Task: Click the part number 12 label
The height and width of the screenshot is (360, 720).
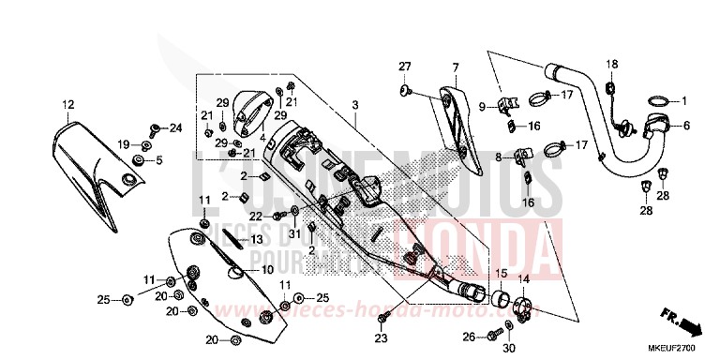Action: pos(67,103)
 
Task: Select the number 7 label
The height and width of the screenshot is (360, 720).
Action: pos(455,67)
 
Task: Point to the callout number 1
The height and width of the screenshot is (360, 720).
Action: pos(683,100)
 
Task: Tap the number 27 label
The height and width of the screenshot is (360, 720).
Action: pos(403,65)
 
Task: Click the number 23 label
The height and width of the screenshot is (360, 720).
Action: pos(381,337)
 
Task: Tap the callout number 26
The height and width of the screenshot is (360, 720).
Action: pos(468,337)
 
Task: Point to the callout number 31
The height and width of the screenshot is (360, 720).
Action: pos(293,233)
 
